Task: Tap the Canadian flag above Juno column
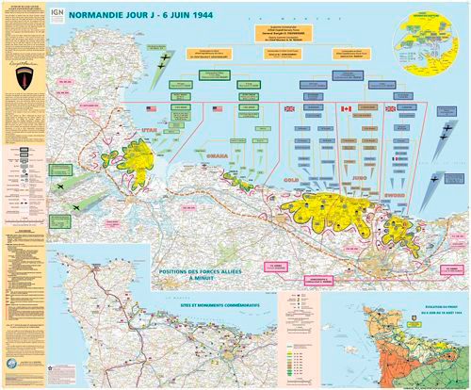click(x=345, y=109)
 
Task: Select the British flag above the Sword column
click(x=390, y=109)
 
